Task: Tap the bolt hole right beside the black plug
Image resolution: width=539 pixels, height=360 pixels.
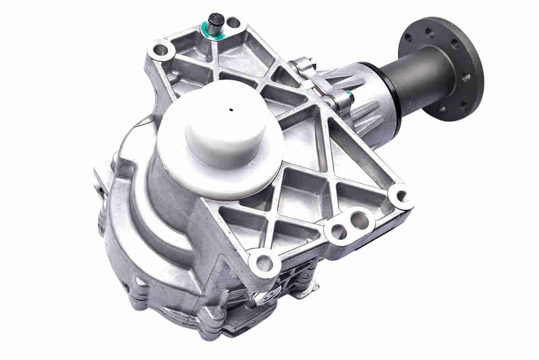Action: pyautogui.click(x=232, y=22)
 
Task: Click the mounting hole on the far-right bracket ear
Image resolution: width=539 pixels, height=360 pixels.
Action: pyautogui.click(x=401, y=195)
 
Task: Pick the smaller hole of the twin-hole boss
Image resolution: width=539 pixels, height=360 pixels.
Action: pyautogui.click(x=338, y=231)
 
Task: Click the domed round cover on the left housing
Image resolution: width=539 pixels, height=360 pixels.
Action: pyautogui.click(x=133, y=249)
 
